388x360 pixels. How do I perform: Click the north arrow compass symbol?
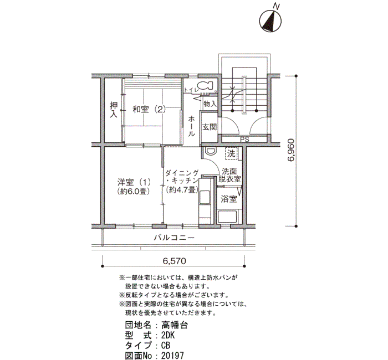(270, 21)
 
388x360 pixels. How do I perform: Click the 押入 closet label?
(114, 110)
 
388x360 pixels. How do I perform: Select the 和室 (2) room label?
(149, 109)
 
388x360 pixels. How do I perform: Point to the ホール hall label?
(191, 126)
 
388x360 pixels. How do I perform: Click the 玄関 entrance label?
(210, 127)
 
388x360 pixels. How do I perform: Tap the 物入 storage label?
(210, 104)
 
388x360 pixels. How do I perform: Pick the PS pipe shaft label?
(244, 140)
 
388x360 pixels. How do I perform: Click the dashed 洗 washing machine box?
(231, 153)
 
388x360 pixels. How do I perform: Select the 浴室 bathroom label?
(229, 199)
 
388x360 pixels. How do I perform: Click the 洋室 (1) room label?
(134, 182)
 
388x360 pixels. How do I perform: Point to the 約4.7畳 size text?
(182, 189)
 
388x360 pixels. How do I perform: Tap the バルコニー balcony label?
(174, 238)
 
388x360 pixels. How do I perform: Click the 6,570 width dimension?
(174, 261)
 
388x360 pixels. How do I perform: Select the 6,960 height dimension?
(291, 150)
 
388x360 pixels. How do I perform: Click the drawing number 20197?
(172, 356)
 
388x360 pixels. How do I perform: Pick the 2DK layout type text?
(168, 335)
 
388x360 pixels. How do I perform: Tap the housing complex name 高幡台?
(175, 325)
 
